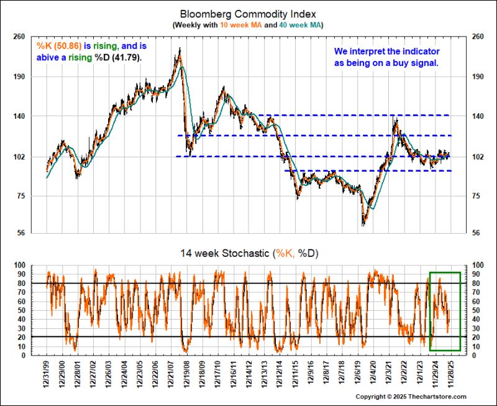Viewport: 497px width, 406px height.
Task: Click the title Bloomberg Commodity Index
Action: pos(248,13)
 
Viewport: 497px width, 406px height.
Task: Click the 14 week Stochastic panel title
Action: pos(248,253)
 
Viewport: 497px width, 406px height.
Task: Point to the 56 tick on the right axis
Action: pos(478,234)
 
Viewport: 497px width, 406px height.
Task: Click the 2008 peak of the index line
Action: pos(180,49)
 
